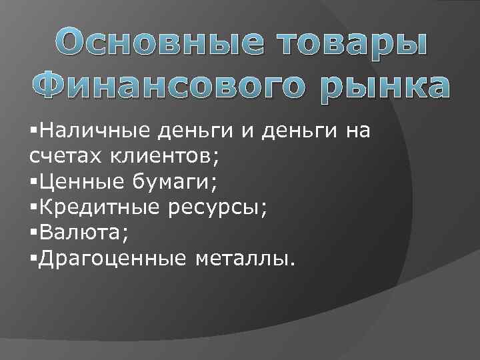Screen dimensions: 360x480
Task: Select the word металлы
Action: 244,257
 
